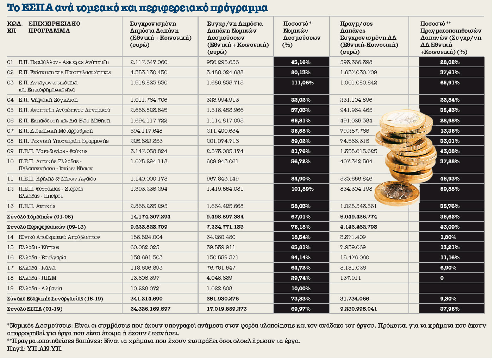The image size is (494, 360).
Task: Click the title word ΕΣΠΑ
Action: point(39,8)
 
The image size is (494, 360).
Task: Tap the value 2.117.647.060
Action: point(149,62)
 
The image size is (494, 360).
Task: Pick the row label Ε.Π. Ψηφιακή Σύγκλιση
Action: point(48,100)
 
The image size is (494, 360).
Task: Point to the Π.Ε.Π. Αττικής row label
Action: point(37,206)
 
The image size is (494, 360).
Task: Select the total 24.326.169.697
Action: point(150,309)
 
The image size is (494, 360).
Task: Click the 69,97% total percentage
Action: point(301,309)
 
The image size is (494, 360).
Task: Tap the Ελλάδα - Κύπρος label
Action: point(39,247)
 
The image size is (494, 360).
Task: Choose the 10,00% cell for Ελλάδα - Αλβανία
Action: point(301,289)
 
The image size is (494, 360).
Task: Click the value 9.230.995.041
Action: point(358,309)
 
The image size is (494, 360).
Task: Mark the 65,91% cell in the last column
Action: point(450,83)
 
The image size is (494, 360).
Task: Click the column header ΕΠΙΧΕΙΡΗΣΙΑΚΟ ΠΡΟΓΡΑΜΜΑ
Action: point(54,27)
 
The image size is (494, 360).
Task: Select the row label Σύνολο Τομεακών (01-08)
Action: point(40,217)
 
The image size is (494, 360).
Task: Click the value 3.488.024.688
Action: point(225,72)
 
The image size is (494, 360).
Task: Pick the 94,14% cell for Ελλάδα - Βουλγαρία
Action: point(301,258)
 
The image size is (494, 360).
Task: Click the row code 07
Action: point(10,131)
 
